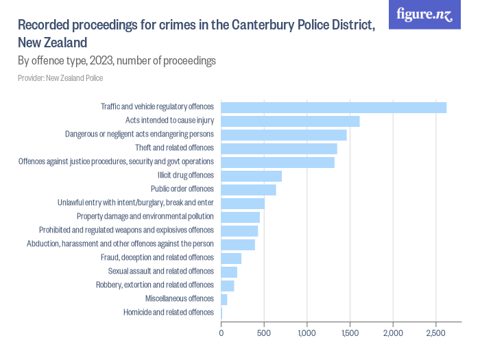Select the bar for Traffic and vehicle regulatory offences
pyautogui.click(x=334, y=107)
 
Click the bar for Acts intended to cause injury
pyautogui.click(x=290, y=121)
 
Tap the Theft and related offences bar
pyautogui.click(x=279, y=149)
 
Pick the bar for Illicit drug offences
pyautogui.click(x=252, y=176)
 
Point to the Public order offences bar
pyautogui.click(x=249, y=190)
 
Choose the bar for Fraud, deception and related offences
pyautogui.click(x=231, y=259)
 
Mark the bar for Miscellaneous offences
pyautogui.click(x=224, y=300)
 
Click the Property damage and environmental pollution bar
pyautogui.click(x=241, y=217)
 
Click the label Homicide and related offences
pyautogui.click(x=169, y=313)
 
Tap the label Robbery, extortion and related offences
pyautogui.click(x=155, y=285)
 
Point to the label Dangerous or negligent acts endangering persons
pyautogui.click(x=139, y=134)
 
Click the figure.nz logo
pyautogui.click(x=424, y=14)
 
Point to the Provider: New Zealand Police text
pyautogui.click(x=60, y=78)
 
